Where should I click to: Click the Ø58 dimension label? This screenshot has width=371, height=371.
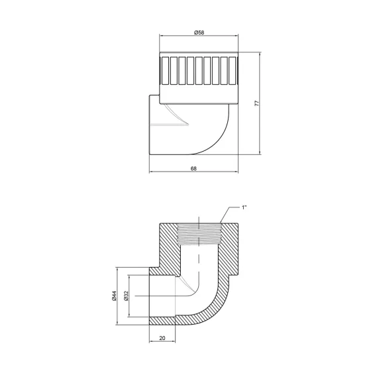pyautogui.click(x=198, y=32)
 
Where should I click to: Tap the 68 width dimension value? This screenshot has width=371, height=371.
pyautogui.click(x=193, y=168)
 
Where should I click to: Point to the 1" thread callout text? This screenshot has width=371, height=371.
pyautogui.click(x=244, y=207)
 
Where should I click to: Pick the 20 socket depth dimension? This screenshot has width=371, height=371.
pyautogui.click(x=162, y=338)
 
